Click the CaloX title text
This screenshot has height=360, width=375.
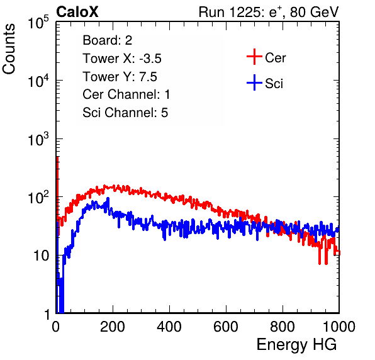pyautogui.click(x=77, y=12)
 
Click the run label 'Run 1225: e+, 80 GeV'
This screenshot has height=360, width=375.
pyautogui.click(x=269, y=12)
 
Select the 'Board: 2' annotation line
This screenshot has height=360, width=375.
pyautogui.click(x=107, y=40)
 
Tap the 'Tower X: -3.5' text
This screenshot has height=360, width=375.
pyautogui.click(x=122, y=59)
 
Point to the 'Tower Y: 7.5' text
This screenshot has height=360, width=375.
pyautogui.click(x=120, y=77)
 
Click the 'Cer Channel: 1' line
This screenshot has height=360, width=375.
pyautogui.click(x=126, y=94)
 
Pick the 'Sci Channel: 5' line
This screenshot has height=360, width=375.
pyautogui.click(x=125, y=113)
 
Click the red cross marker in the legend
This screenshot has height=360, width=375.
pyautogui.click(x=254, y=57)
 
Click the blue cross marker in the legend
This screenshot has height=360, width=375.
pyautogui.click(x=254, y=82)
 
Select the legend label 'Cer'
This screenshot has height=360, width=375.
pyautogui.click(x=275, y=58)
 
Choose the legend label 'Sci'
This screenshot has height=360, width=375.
pyautogui.click(x=274, y=84)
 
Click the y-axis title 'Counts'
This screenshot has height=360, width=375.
pyautogui.click(x=9, y=49)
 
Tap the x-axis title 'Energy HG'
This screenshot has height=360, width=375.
pyautogui.click(x=296, y=345)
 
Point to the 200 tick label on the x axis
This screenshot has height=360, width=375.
pyautogui.click(x=113, y=327)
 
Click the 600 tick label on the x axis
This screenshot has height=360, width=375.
pyautogui.click(x=226, y=327)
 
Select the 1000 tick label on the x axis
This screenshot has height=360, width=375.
pyautogui.click(x=339, y=327)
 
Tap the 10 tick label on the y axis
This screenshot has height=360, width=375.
pyautogui.click(x=42, y=256)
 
